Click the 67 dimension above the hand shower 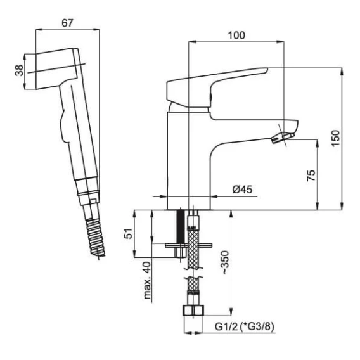(x=67, y=23)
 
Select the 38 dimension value (x=20, y=70)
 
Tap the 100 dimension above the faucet (x=236, y=35)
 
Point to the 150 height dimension (x=335, y=138)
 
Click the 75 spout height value (x=311, y=176)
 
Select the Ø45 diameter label (x=242, y=190)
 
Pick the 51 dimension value (x=129, y=233)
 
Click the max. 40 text (x=148, y=280)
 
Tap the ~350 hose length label (x=226, y=262)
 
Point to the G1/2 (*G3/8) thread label (x=245, y=326)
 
